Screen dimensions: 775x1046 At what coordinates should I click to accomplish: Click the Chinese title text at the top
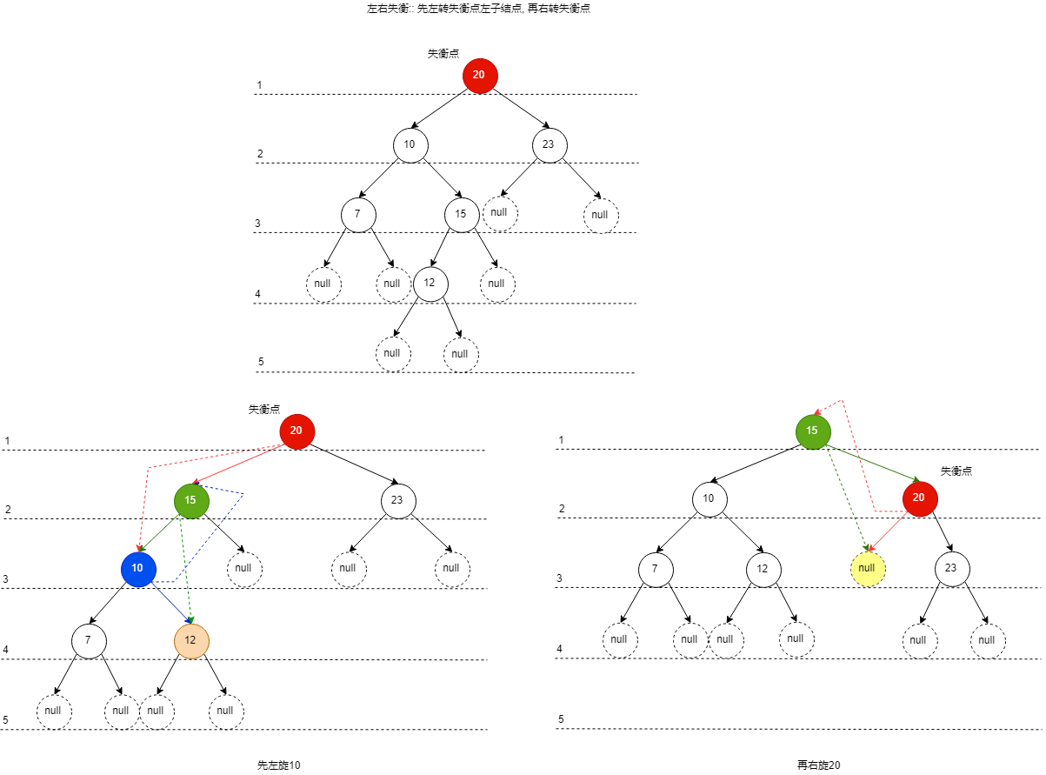coord(478,9)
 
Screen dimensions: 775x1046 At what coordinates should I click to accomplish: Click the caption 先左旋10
coord(279,765)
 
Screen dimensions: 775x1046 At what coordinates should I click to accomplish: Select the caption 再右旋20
coord(819,765)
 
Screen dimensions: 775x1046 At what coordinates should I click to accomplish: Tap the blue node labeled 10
coord(137,568)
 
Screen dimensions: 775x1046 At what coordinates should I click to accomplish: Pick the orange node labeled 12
coord(191,641)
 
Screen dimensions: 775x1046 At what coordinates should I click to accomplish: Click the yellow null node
coord(866,568)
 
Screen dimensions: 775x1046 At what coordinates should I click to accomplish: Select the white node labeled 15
coord(461,214)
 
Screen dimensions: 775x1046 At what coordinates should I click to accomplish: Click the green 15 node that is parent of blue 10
coord(191,500)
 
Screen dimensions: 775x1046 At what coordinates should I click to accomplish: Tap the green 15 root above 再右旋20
coord(813,431)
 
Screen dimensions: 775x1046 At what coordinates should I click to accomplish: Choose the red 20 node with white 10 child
coord(479,76)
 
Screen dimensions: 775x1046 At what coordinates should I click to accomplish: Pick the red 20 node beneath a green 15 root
coord(920,498)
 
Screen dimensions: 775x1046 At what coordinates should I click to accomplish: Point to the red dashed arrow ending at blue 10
coord(146,504)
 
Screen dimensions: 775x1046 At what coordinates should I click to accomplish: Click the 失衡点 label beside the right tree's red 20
coord(956,471)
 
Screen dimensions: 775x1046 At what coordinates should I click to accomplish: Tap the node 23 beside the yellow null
coord(951,568)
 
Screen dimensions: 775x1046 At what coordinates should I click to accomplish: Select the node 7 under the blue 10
coord(88,641)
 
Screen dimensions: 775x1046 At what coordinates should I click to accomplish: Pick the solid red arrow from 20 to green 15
coord(239,464)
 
